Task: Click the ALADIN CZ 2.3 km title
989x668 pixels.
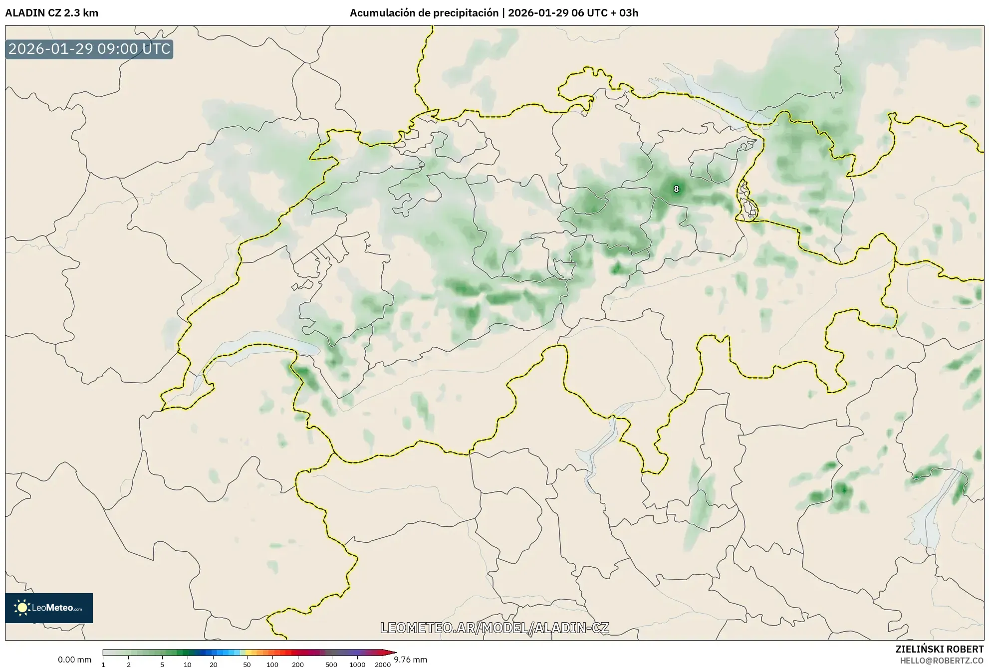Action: [x=51, y=13]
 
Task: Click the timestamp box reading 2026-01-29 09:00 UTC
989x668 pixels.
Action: [x=89, y=49]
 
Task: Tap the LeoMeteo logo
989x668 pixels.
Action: [x=49, y=608]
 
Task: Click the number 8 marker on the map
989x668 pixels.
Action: [x=676, y=189]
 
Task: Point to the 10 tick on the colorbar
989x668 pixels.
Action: [x=188, y=664]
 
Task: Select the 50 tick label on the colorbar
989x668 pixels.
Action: [x=247, y=664]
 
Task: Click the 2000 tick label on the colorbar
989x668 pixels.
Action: [x=383, y=664]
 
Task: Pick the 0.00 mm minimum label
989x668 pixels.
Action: [x=74, y=660]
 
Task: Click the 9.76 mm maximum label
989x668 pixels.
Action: [x=410, y=660]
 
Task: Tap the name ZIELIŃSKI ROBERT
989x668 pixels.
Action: [x=940, y=649]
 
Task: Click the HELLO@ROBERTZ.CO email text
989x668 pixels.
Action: [x=942, y=661]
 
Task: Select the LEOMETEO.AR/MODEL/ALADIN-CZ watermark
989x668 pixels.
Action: [x=494, y=628]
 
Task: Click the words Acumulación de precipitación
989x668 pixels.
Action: [x=424, y=13]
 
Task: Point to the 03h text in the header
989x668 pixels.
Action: [x=628, y=13]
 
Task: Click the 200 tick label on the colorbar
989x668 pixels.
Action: [x=298, y=664]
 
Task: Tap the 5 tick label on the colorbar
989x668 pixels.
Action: [x=162, y=664]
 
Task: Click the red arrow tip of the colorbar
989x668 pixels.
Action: [x=394, y=653]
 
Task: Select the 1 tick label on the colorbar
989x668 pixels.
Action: [x=103, y=664]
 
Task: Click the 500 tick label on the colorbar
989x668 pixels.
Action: [x=331, y=664]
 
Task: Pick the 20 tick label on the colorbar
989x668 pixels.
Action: [x=214, y=664]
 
